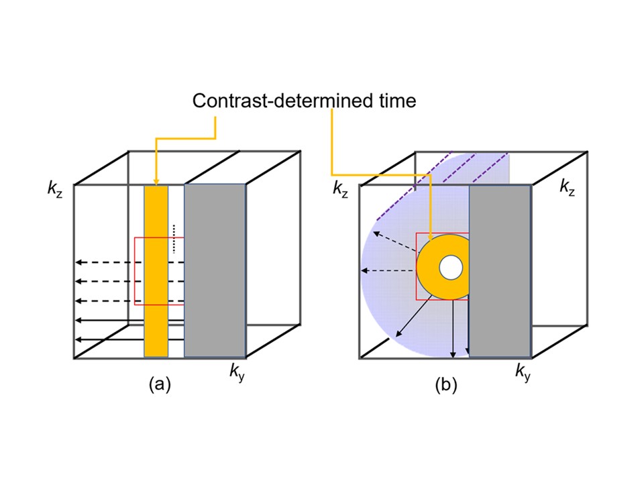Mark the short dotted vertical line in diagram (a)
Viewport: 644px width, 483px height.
[173, 238]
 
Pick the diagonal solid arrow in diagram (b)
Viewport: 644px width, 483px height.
[409, 319]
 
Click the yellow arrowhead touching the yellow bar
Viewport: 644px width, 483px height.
[156, 180]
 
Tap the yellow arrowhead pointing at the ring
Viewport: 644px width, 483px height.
[430, 235]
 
